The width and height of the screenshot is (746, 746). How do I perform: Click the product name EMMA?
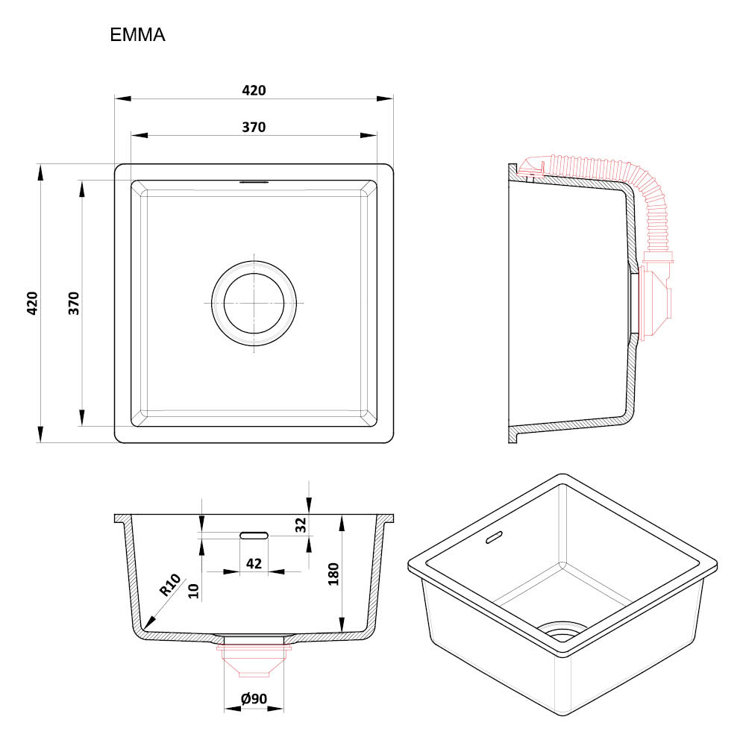click(x=137, y=35)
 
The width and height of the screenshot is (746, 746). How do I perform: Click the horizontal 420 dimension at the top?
click(x=254, y=90)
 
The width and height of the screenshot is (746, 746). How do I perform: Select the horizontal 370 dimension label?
click(x=254, y=127)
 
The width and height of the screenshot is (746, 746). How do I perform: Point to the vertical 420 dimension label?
click(x=32, y=303)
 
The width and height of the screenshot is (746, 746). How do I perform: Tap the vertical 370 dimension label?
click(x=74, y=303)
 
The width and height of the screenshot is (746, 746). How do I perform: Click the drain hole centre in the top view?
click(x=254, y=303)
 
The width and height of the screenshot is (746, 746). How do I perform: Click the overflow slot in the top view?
click(x=254, y=182)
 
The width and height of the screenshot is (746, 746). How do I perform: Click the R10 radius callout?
click(x=170, y=585)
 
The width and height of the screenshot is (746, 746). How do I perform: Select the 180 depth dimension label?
click(x=333, y=574)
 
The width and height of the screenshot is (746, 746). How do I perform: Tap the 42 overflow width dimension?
click(x=254, y=564)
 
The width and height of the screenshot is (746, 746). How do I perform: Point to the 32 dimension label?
click(x=301, y=524)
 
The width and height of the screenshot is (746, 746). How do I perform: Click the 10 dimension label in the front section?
click(x=193, y=591)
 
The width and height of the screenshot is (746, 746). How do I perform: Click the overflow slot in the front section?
click(x=254, y=535)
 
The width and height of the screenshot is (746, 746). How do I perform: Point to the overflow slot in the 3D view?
click(x=493, y=537)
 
